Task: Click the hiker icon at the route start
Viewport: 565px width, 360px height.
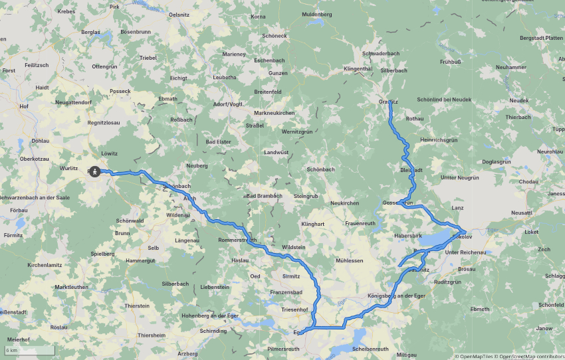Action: click(x=95, y=171)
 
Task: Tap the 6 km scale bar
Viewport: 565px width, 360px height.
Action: click(x=28, y=350)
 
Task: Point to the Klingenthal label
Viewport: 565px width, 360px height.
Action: click(x=358, y=68)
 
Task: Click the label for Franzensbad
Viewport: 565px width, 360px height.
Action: click(x=286, y=292)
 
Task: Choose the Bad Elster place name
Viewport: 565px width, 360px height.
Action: click(x=218, y=141)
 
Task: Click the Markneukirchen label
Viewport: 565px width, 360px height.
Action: click(x=274, y=113)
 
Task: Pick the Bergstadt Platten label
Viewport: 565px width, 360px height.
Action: click(x=541, y=38)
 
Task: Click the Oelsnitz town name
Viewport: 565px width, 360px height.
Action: click(x=179, y=15)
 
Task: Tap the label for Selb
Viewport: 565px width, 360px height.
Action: click(x=154, y=247)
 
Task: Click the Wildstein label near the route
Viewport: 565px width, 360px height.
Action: click(x=294, y=247)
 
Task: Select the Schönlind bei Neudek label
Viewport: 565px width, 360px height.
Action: click(x=444, y=99)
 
